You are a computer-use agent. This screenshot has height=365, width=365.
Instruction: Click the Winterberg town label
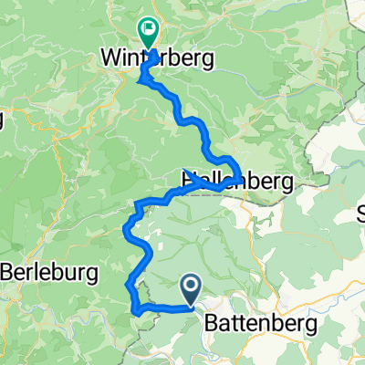[156, 60]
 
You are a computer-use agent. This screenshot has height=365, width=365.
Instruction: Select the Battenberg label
[262, 323]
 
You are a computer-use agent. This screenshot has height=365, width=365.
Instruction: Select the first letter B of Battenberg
[213, 323]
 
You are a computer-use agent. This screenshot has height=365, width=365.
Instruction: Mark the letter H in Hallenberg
[190, 180]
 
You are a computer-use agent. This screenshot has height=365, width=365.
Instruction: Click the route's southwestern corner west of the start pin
[136, 311]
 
